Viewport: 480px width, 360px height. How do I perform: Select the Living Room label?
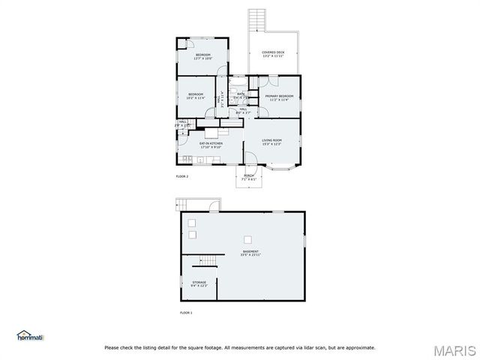(271, 142)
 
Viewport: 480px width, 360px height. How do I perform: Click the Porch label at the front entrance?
(249, 178)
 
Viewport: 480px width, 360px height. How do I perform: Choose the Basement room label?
(250, 253)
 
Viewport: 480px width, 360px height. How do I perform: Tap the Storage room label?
(199, 284)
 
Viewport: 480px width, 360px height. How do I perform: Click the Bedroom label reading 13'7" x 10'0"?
(203, 56)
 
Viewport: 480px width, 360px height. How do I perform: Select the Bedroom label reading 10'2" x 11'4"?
(195, 96)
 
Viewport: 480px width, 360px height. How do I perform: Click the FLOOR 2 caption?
(182, 176)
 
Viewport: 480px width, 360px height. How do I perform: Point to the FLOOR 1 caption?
(186, 312)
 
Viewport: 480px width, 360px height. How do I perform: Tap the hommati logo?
(31, 337)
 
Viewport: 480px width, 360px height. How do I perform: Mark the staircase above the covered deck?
(257, 19)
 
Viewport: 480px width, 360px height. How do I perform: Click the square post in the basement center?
(247, 238)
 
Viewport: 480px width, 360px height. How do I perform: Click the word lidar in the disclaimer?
(307, 347)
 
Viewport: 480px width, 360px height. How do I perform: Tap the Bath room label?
(240, 95)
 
